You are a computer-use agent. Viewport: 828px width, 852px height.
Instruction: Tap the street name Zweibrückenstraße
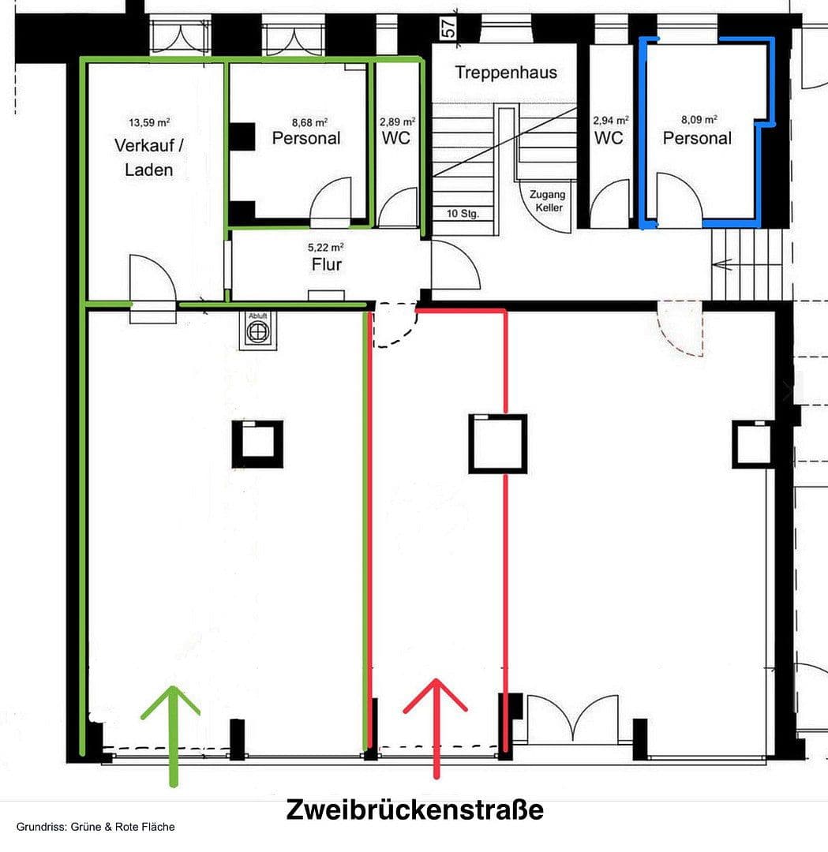[x=414, y=810]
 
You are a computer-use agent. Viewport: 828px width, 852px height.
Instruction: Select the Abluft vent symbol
[x=257, y=331]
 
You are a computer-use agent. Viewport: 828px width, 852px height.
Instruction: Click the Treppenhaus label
[x=506, y=73]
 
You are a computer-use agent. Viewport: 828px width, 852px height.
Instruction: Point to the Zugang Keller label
[x=547, y=201]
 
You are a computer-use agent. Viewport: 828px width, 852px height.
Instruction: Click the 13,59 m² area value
[x=149, y=122]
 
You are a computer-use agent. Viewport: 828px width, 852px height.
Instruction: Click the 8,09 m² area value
[x=699, y=121]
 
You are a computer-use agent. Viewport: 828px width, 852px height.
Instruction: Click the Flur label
[x=326, y=264]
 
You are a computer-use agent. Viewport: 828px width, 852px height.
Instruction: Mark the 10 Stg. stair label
[x=463, y=214]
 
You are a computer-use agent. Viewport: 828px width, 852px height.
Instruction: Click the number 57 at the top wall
[x=448, y=28]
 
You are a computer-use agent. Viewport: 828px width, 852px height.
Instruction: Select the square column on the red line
[x=497, y=443]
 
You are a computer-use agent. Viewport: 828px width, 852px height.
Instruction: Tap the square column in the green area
[x=257, y=444]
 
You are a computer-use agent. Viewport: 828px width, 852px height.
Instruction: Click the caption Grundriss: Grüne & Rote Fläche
[x=96, y=827]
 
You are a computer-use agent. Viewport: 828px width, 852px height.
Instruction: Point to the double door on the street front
[x=573, y=718]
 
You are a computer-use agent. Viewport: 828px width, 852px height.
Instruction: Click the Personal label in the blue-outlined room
[x=697, y=139]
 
